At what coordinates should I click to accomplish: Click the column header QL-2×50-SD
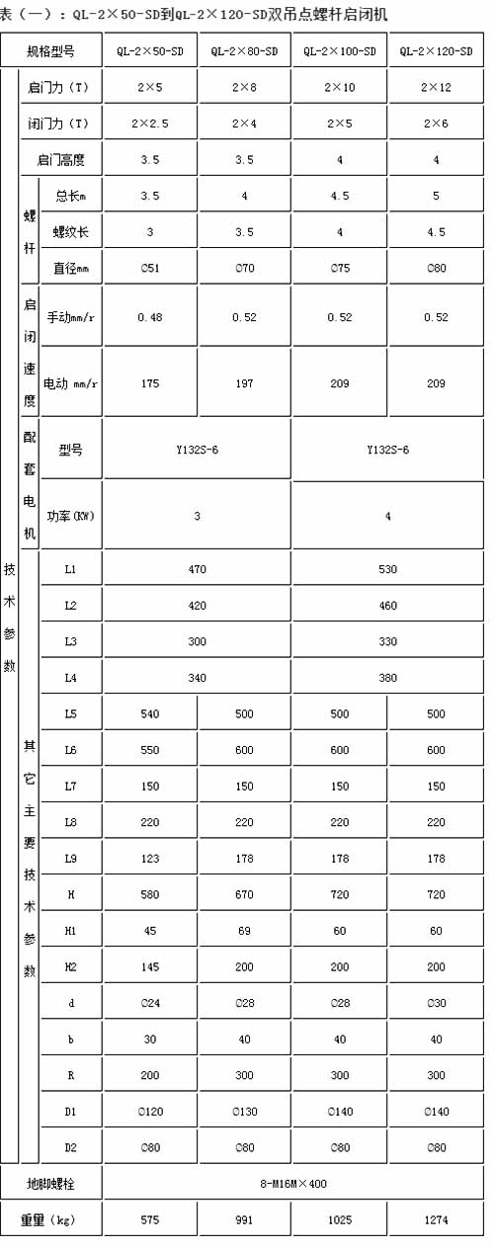149,50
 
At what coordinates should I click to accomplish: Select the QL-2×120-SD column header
436,50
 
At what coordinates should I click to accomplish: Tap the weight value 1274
436,1220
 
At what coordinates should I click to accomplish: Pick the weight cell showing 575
149,1220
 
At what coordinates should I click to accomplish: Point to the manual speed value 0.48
149,317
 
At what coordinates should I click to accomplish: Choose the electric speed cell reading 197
244,381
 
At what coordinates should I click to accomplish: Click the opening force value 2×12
436,88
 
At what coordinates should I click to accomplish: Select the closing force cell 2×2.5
149,124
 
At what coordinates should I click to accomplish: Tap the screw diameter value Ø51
149,267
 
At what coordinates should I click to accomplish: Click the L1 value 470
197,569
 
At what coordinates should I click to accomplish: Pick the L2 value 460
387,605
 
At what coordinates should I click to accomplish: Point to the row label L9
70,859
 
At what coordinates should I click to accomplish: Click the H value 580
149,894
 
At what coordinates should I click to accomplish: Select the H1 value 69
244,931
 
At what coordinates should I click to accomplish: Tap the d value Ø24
149,1003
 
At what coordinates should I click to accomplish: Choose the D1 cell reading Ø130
244,1112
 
